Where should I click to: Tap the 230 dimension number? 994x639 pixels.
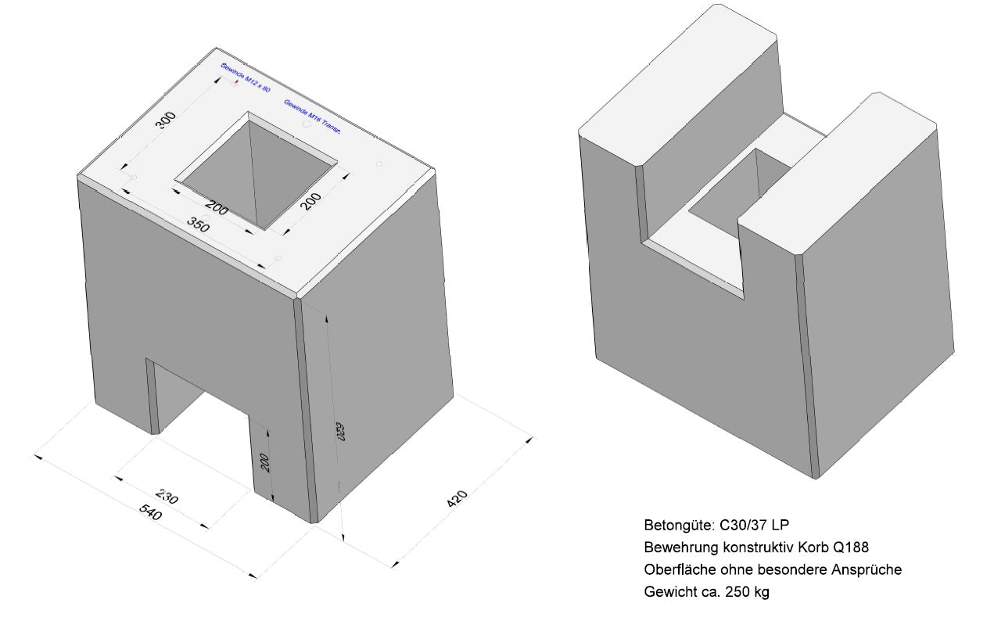(x=167, y=496)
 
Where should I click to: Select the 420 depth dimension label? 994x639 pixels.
(x=458, y=498)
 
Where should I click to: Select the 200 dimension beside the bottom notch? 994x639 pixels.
(x=264, y=463)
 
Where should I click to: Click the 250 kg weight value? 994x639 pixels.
(x=748, y=592)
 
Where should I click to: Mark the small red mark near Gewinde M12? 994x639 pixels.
(x=235, y=81)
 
